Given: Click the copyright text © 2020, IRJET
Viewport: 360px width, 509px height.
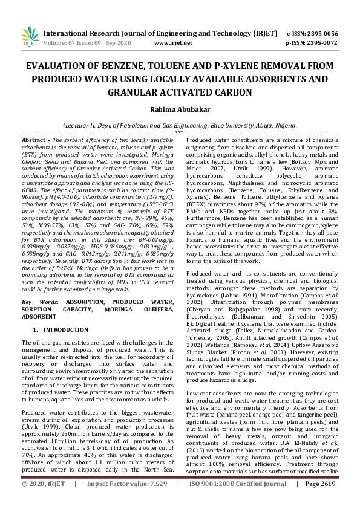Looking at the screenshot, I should tap(43, 501).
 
